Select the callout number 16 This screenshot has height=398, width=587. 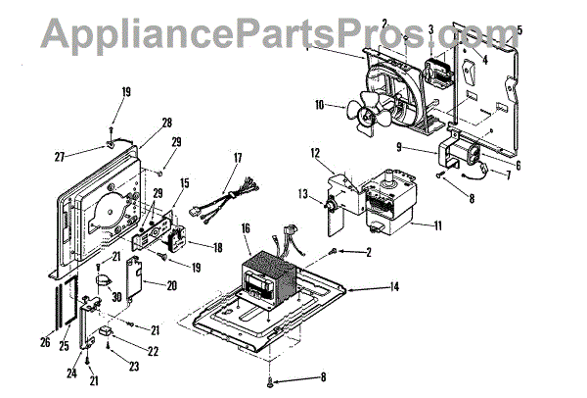click(x=246, y=227)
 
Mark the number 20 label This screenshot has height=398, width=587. click(x=172, y=286)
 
